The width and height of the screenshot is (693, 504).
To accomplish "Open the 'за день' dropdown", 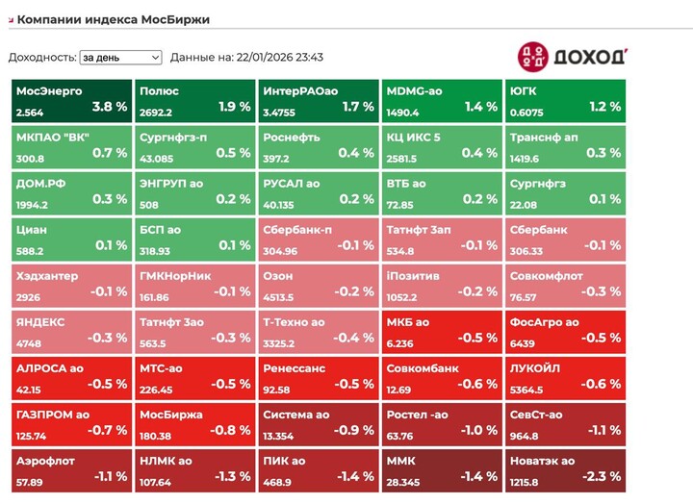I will click(120, 58).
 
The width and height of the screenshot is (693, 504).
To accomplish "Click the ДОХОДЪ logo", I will click(573, 56).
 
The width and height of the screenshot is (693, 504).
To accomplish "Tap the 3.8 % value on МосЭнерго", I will click(108, 106).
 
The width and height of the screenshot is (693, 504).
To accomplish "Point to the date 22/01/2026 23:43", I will click(278, 58).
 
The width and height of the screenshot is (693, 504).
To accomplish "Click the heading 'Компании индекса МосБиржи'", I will click(114, 19).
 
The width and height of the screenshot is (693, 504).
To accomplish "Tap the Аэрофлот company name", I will click(45, 461).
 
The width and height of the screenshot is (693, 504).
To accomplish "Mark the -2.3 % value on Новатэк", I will click(603, 475).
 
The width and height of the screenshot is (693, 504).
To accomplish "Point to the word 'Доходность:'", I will click(41, 58).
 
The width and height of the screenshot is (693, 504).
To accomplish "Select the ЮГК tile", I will click(564, 101).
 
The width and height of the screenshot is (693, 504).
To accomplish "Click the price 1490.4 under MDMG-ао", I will click(403, 113).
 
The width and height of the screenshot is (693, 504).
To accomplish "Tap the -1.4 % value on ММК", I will click(478, 475).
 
